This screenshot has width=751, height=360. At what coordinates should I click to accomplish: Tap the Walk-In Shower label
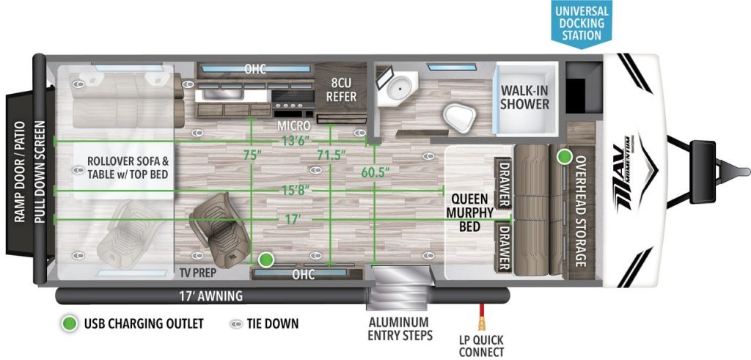(524, 97)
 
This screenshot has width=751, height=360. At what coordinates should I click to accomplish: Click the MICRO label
(293, 126)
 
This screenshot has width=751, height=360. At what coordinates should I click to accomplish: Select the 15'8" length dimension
(296, 191)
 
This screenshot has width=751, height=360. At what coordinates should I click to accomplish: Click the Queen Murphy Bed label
(469, 212)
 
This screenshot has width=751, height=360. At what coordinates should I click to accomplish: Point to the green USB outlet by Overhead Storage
(564, 156)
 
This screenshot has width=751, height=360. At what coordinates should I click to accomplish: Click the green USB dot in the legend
(70, 323)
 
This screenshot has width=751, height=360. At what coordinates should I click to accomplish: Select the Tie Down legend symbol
(238, 323)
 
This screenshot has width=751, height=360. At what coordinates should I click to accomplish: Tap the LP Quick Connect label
(481, 346)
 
